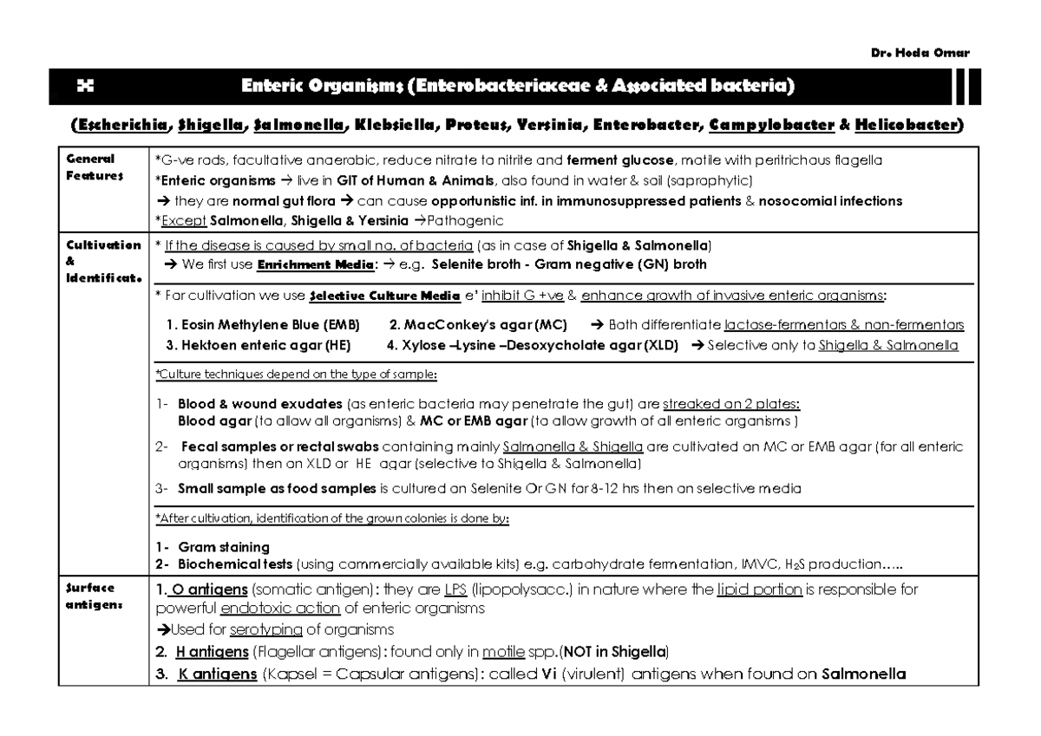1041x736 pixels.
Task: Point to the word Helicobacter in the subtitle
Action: pos(906,126)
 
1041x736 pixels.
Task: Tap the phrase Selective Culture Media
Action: pos(384,296)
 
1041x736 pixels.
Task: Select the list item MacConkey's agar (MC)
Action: pos(478,325)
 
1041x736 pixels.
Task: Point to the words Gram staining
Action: pos(223,547)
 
